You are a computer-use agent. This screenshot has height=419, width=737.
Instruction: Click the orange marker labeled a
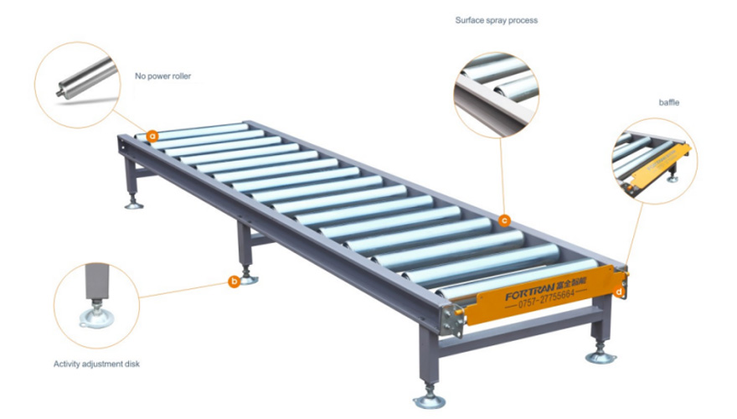152,137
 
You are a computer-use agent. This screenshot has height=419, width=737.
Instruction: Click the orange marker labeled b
234,282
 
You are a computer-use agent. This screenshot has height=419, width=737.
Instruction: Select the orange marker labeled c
504,220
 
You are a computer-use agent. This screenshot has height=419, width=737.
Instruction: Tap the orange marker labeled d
620,292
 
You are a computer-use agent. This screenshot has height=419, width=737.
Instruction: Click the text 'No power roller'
162,76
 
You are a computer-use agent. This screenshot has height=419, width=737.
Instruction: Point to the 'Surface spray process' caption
497,20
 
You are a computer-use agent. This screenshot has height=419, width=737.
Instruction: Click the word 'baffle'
669,102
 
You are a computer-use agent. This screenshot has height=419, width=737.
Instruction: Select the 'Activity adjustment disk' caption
96,364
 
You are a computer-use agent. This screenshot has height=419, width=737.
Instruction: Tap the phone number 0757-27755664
546,298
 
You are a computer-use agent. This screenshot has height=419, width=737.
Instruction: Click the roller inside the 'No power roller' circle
87,78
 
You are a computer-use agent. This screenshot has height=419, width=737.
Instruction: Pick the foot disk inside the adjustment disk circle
96,318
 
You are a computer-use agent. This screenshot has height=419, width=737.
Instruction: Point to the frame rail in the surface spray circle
493,107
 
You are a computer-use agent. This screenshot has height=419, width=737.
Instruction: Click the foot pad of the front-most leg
429,401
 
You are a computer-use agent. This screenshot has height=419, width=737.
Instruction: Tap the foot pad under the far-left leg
134,204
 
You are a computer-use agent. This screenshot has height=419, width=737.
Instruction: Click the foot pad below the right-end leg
600,358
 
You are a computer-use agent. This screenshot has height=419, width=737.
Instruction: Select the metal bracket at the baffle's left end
452,320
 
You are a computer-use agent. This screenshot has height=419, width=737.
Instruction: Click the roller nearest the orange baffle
517,278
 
